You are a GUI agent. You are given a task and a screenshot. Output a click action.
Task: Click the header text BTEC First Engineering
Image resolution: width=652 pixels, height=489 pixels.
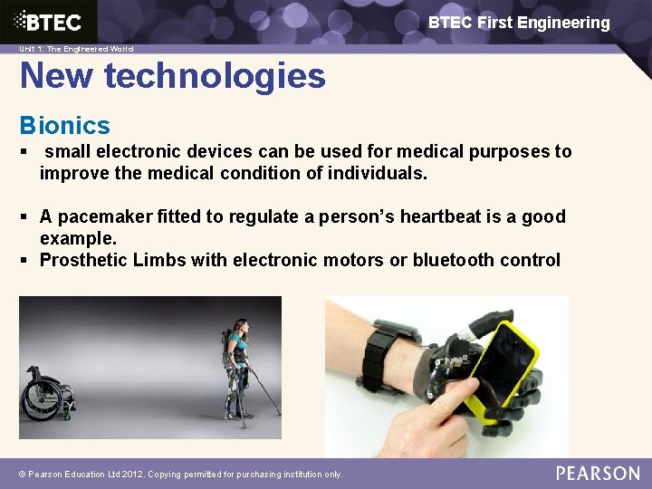519,23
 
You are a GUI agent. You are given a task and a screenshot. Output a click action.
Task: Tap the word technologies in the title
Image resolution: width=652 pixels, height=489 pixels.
215,76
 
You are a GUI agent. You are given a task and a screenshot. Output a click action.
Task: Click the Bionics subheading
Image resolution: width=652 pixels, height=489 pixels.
65,125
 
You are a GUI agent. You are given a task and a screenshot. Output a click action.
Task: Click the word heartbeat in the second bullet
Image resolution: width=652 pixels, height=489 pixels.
445,216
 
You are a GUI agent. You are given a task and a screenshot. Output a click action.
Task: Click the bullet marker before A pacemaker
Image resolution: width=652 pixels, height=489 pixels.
24,216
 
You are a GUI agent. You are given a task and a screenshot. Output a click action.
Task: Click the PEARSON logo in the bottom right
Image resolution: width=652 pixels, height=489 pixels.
598,473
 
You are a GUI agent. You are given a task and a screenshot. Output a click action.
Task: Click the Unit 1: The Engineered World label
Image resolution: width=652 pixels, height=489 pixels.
76,49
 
